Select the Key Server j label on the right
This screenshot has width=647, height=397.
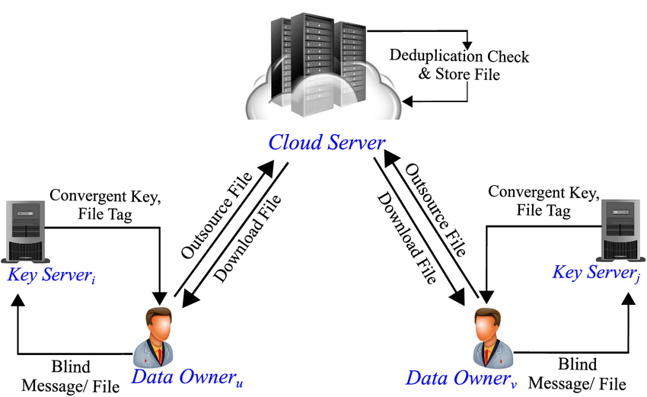pos(596,273)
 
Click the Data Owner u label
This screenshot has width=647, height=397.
pos(186,376)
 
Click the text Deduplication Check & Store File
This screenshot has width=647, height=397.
pos(459,66)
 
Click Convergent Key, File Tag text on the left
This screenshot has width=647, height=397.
pos(105,205)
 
